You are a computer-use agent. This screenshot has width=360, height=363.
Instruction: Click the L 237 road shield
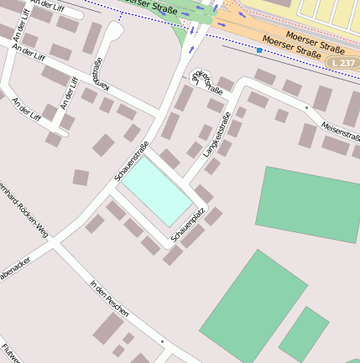pos(342,63)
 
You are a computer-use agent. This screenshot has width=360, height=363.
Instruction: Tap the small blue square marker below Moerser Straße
pos(259,51)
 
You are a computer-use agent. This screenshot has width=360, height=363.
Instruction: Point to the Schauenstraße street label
pos(131,163)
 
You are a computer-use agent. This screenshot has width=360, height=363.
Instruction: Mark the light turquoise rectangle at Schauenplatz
pos(158,190)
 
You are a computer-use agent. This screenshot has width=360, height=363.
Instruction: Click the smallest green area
pos(304,334)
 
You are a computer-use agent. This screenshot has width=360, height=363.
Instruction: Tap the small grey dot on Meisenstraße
pos(307,108)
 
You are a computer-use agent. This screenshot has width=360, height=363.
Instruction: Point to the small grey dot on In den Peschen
pos(162,342)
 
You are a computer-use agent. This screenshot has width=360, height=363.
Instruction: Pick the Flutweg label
pos(10,353)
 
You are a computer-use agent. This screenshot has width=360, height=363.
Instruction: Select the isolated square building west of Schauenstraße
pos(81,177)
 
